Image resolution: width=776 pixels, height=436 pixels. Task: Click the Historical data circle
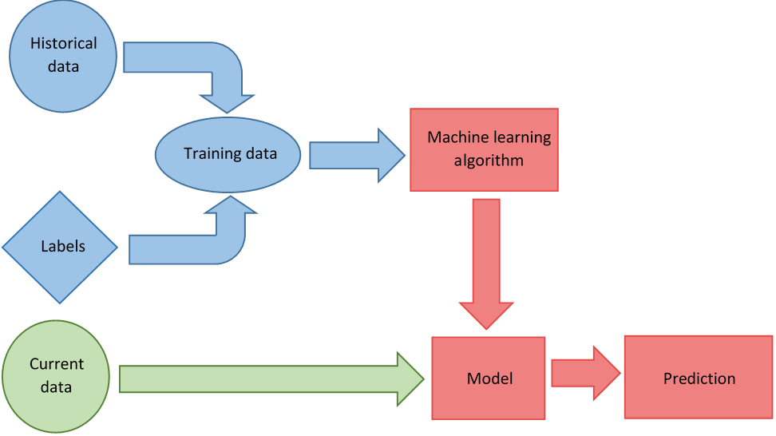click(x=63, y=55)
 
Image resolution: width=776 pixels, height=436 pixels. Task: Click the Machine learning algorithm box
click(x=484, y=149)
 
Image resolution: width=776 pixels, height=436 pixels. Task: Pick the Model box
click(x=489, y=378)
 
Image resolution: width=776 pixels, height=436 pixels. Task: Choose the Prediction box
click(x=699, y=378)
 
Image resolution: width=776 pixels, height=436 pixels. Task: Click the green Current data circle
click(x=57, y=376)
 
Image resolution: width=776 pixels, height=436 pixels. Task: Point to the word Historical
click(x=63, y=43)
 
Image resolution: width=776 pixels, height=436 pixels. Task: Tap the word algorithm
click(x=489, y=161)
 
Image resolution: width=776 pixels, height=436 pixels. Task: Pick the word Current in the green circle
click(x=57, y=364)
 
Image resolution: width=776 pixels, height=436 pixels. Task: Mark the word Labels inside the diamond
click(x=63, y=247)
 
